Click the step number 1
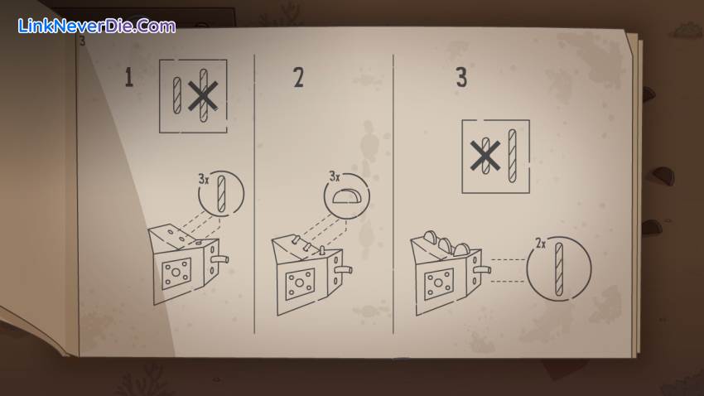(x=128, y=78)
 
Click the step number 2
(x=298, y=78)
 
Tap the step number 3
(x=461, y=78)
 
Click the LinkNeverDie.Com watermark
(x=96, y=26)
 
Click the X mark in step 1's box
(x=203, y=97)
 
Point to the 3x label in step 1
(x=204, y=178)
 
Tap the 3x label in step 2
(x=334, y=176)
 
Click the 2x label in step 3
(x=540, y=244)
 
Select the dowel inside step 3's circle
(x=559, y=270)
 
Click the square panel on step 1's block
(x=177, y=273)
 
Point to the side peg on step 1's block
(x=219, y=259)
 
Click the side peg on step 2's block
(x=342, y=271)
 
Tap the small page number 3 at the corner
(x=82, y=41)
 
